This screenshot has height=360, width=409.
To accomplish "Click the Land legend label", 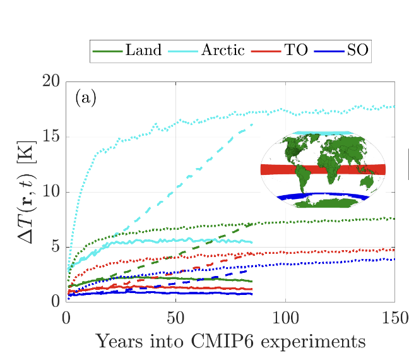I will pyautogui.click(x=144, y=51).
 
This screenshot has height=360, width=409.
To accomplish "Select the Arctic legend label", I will pyautogui.click(x=223, y=51).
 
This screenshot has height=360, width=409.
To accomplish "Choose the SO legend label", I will pyautogui.click(x=357, y=51).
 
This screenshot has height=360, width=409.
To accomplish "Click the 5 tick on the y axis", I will pyautogui.click(x=55, y=247).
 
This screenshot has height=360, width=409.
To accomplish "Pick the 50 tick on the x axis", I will pyautogui.click(x=175, y=315).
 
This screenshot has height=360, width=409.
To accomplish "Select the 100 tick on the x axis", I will pyautogui.click(x=285, y=315).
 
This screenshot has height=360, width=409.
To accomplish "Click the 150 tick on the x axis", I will pyautogui.click(x=394, y=315).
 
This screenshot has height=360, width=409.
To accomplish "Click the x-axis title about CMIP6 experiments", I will pyautogui.click(x=230, y=342).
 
